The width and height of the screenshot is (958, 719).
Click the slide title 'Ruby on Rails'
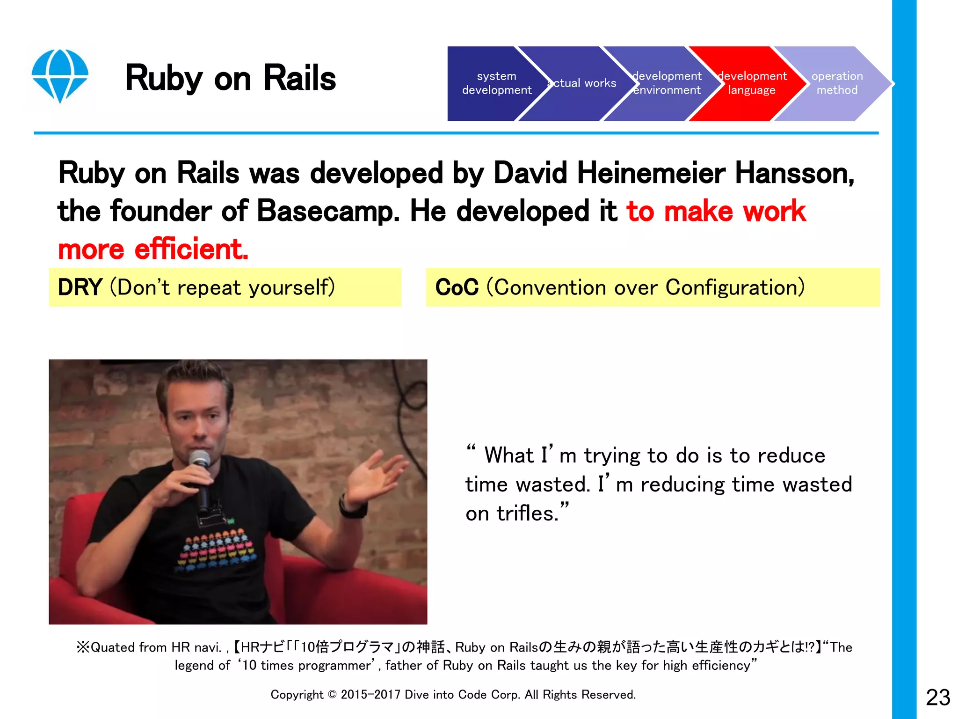click(x=231, y=78)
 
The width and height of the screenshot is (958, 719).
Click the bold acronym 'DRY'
click(x=80, y=287)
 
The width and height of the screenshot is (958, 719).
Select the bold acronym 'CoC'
click(x=457, y=287)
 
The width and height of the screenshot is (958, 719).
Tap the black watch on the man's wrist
click(x=353, y=508)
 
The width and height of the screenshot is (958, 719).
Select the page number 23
click(x=937, y=697)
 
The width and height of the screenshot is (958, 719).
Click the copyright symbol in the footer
click(x=332, y=695)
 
